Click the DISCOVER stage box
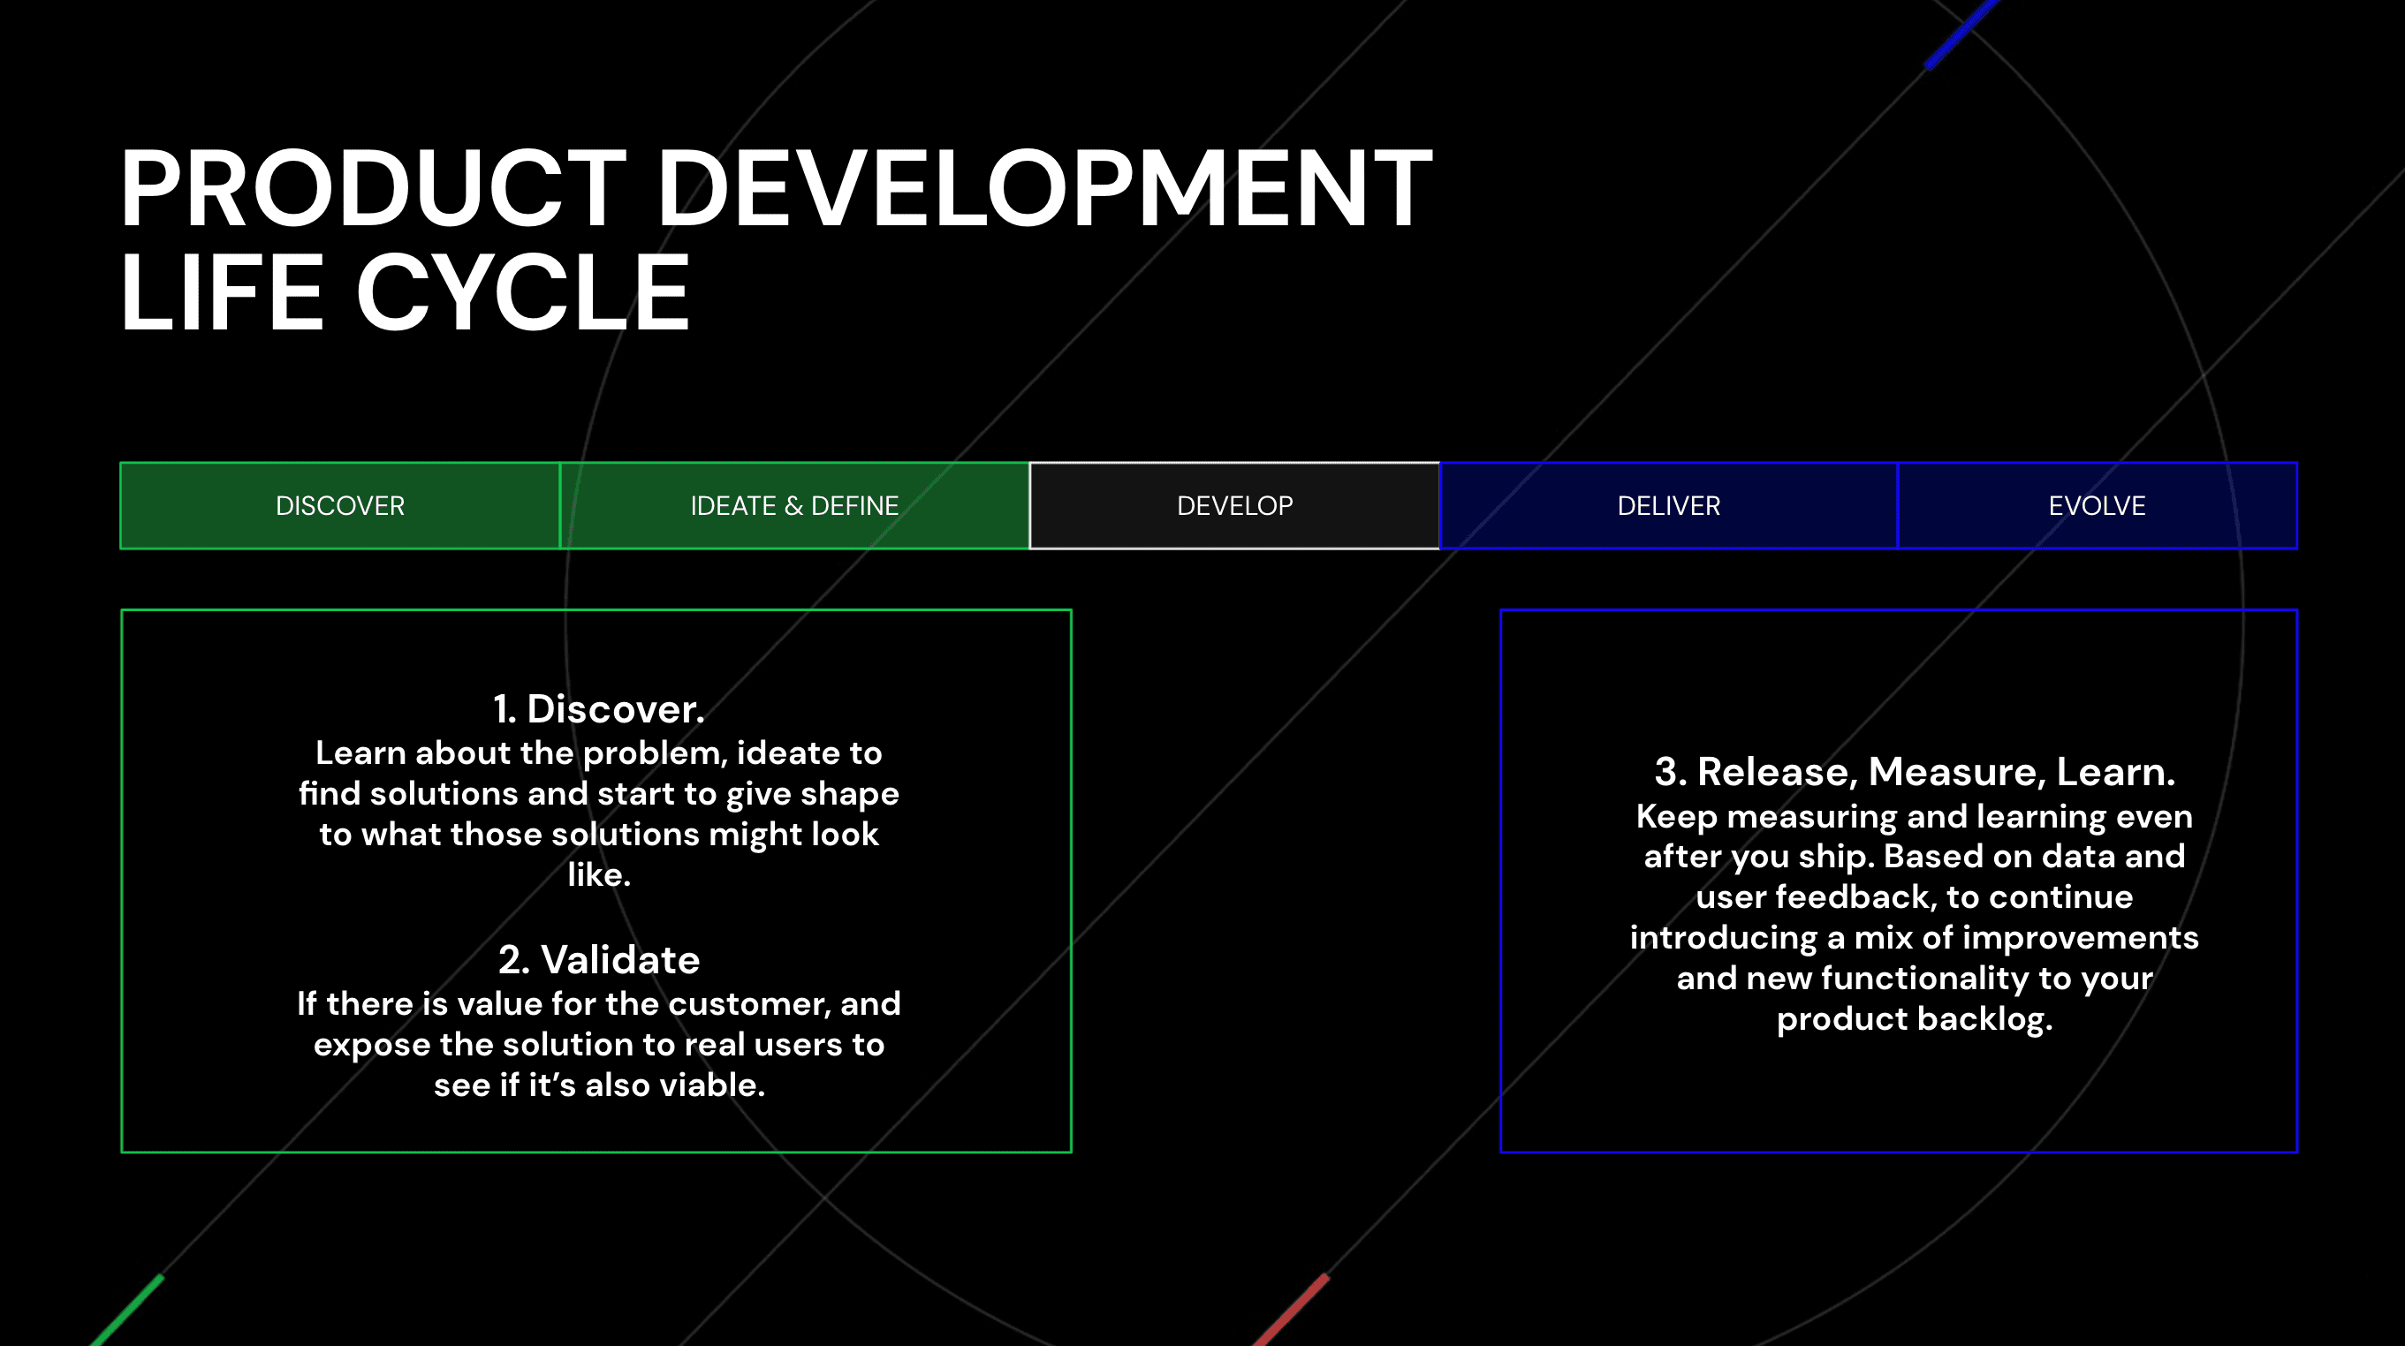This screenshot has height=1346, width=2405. coord(340,506)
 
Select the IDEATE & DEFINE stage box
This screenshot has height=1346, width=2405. coord(794,506)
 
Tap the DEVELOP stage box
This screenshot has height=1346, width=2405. coord(1234,506)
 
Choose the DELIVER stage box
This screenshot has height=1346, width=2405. coord(1668,506)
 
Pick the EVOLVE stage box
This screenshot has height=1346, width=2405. coord(2097,506)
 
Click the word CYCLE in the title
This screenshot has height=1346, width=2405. coord(523,292)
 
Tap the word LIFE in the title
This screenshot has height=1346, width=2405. coord(222,292)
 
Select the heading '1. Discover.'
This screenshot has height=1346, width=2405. coord(598,708)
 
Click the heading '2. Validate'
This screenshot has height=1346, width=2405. coord(598,959)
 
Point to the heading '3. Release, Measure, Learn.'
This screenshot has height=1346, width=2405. coord(1915,772)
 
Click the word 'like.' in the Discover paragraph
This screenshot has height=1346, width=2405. coord(598,874)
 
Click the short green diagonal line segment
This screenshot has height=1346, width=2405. coord(127,1311)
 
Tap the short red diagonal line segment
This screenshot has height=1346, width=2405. coord(1290,1311)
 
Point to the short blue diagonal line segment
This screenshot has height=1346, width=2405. coord(1962,34)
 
